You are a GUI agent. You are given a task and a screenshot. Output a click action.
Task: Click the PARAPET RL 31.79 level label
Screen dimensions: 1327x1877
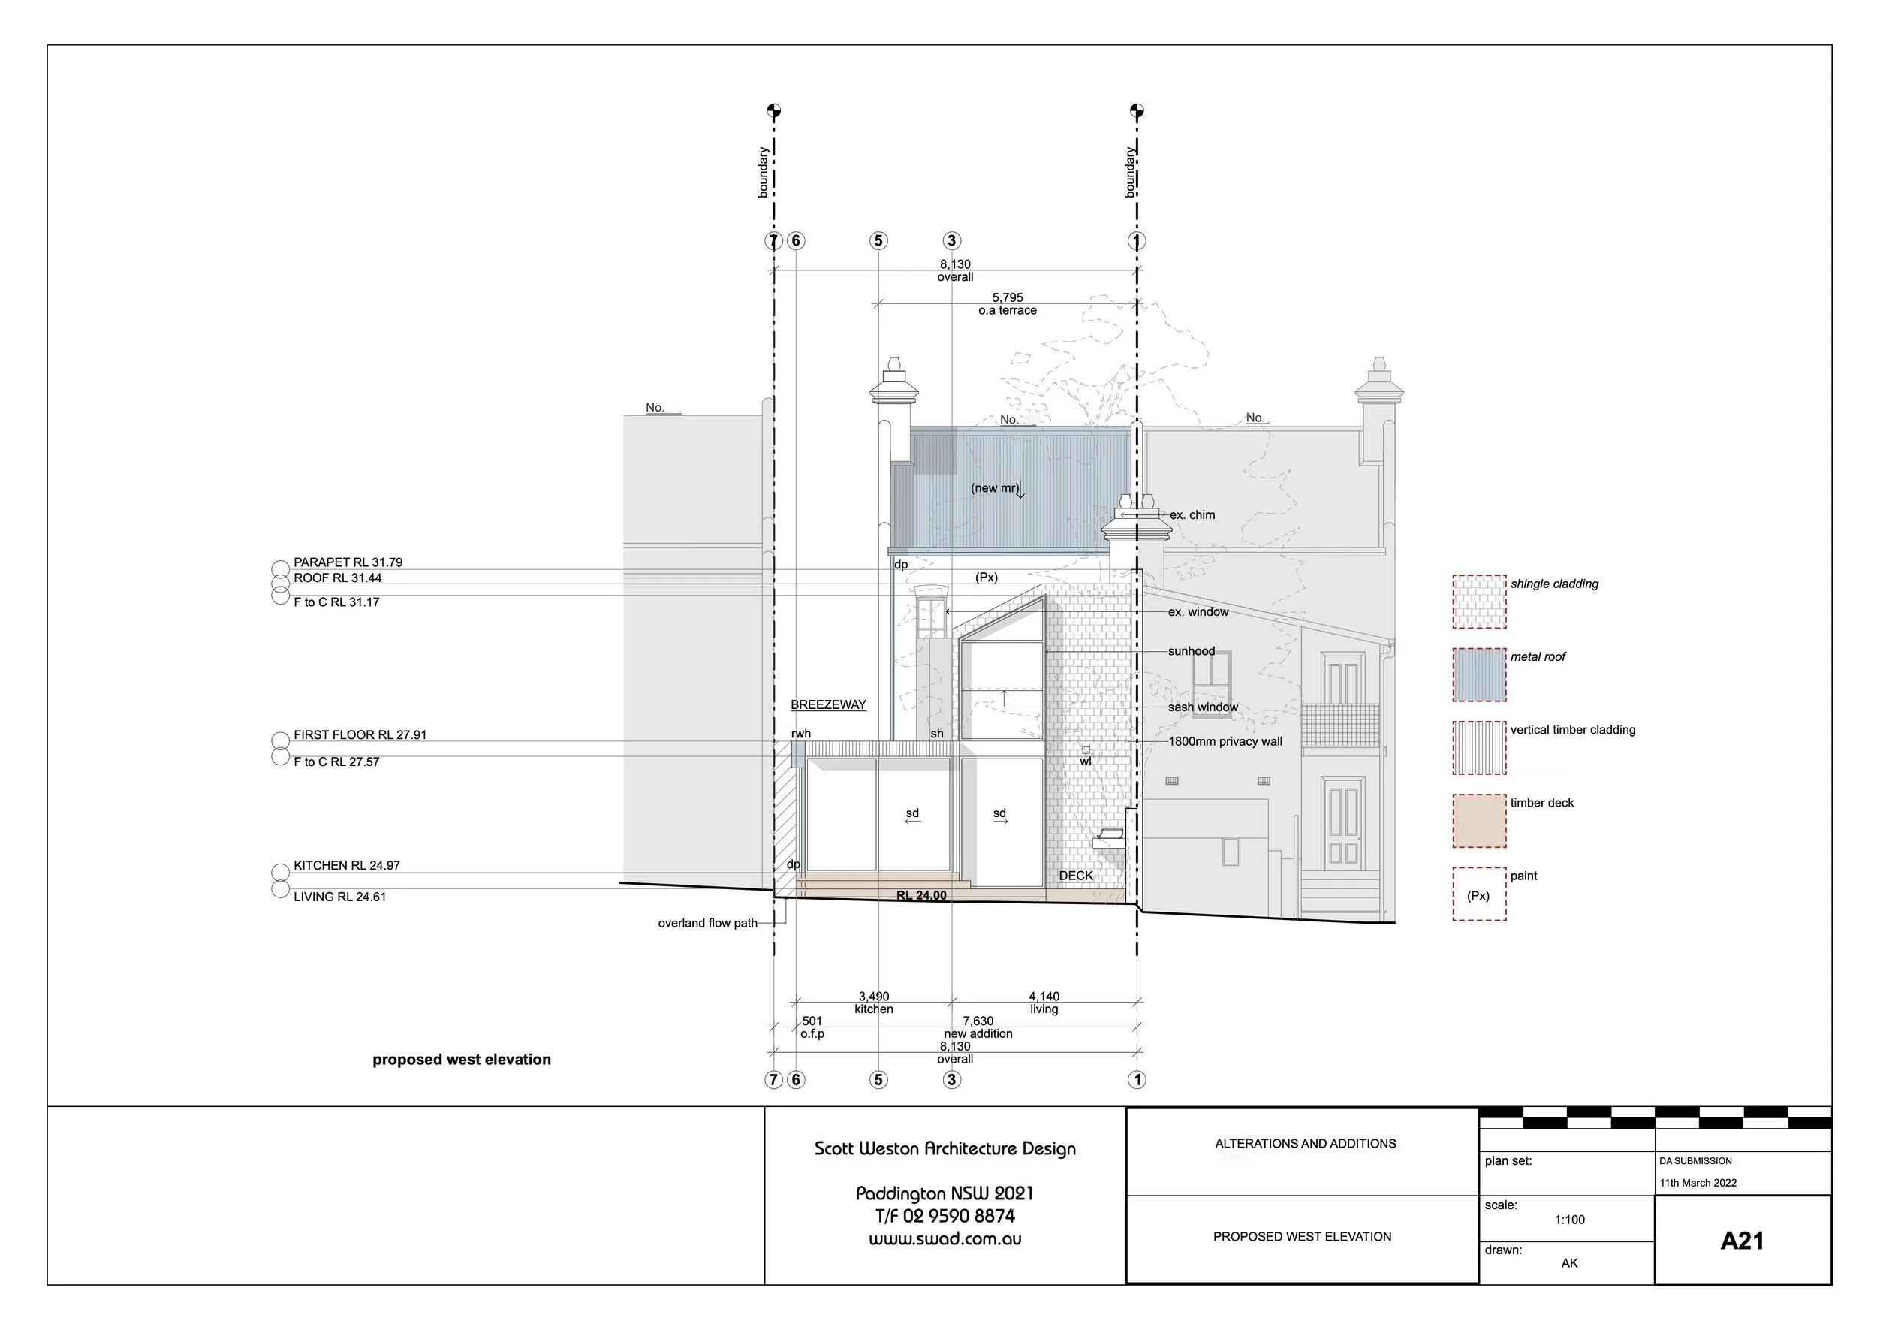point(348,562)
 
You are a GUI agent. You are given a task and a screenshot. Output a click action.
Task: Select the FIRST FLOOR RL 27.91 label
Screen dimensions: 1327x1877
point(360,735)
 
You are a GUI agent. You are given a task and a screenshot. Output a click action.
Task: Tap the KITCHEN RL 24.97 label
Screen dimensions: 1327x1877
point(347,865)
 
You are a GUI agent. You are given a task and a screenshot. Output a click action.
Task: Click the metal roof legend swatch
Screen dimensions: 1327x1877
point(1479,674)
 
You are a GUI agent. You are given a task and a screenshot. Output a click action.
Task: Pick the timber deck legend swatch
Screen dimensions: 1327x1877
point(1479,820)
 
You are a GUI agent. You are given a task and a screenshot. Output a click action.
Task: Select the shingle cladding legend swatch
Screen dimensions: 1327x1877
point(1479,602)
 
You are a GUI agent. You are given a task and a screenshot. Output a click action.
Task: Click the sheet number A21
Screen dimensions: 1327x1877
point(1741,1241)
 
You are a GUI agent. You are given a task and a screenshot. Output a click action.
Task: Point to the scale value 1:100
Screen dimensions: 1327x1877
point(1569,1219)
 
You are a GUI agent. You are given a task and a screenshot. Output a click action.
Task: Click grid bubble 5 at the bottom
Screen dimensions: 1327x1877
point(878,1079)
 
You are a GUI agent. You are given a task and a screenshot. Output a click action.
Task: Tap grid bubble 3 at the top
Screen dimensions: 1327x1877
point(951,240)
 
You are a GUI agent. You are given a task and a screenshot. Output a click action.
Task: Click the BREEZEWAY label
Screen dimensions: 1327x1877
point(828,704)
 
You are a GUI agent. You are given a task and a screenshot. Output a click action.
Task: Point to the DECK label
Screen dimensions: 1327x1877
point(1076,876)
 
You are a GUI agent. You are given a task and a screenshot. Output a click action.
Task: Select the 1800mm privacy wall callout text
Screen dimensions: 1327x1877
point(1225,741)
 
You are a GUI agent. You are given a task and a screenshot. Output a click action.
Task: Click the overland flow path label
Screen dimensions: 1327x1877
point(707,923)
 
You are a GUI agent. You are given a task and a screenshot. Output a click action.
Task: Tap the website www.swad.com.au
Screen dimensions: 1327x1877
point(945,1238)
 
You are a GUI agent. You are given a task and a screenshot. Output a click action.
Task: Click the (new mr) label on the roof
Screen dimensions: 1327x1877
point(995,488)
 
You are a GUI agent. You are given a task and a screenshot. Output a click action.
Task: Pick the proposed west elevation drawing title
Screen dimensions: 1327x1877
point(461,1060)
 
